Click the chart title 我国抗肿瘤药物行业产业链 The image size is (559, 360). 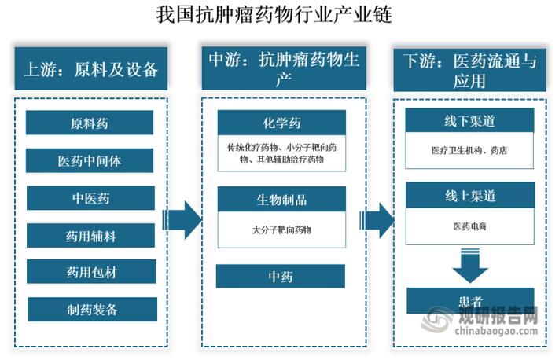point(279,15)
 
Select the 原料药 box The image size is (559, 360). point(90,123)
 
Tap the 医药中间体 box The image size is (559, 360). point(90,161)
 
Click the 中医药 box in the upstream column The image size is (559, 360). point(90,197)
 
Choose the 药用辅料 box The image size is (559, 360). point(90,234)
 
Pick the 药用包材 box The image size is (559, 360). point(90,272)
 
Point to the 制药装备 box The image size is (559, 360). point(90,309)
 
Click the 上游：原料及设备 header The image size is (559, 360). point(90,68)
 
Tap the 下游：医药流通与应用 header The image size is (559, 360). point(469,68)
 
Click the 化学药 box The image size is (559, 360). point(281,123)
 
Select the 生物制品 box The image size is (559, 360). point(281,200)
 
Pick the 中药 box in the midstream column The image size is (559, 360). point(281,276)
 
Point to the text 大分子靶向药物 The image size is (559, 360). point(281,230)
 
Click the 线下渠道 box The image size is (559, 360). point(469,121)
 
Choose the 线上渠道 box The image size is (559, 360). point(469,195)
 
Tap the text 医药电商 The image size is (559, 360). point(469,226)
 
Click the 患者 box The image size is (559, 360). point(469,299)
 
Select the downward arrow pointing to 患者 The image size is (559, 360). point(469,267)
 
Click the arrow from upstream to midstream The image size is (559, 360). point(182,219)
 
